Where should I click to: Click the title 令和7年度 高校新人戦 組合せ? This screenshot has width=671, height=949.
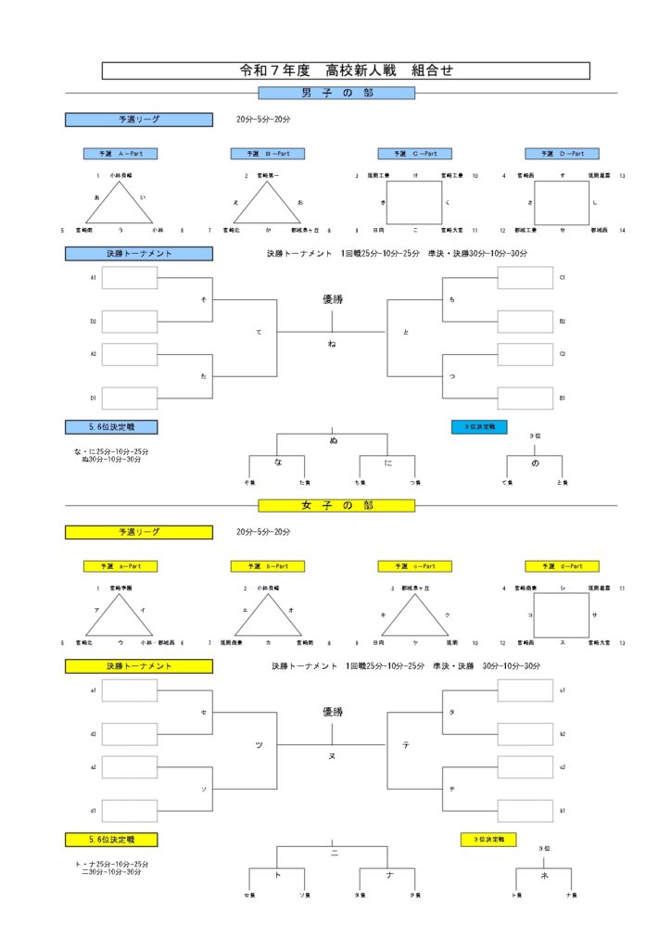[x=345, y=70]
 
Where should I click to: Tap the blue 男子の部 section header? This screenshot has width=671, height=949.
[x=335, y=93]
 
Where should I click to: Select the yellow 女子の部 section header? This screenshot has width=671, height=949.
[x=335, y=505]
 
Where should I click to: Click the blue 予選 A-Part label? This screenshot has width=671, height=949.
[x=120, y=154]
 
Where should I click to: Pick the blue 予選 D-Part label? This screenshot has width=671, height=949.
[x=562, y=154]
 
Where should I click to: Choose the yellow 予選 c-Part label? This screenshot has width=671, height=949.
[x=414, y=566]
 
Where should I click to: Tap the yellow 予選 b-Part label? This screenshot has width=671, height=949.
[x=267, y=566]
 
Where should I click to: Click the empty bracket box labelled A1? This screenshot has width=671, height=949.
[x=130, y=278]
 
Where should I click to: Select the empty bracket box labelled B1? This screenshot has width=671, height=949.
[x=525, y=398]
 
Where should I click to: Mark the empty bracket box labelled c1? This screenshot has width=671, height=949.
[x=525, y=690]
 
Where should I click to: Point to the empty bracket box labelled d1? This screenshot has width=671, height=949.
[x=130, y=811]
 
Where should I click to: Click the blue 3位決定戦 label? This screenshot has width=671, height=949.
[x=479, y=427]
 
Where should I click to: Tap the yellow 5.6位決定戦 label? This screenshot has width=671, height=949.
[x=111, y=840]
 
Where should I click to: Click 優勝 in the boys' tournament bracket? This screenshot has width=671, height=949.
[x=332, y=299]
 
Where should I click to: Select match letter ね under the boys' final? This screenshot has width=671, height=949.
[x=332, y=345]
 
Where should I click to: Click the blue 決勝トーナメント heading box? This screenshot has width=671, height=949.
[x=138, y=253]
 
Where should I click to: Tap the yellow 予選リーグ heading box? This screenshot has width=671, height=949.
[x=138, y=533]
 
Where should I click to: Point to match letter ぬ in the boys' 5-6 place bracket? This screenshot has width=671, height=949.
[x=333, y=441]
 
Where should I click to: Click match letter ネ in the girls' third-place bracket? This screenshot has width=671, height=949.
[x=544, y=874]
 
